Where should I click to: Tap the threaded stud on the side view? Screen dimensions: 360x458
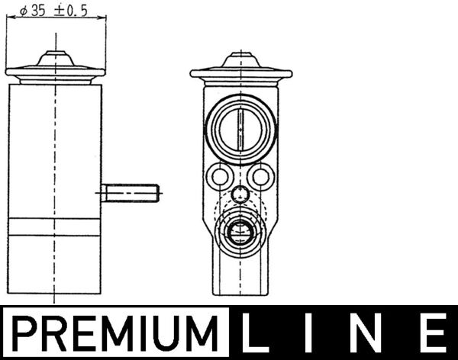coord(132,193)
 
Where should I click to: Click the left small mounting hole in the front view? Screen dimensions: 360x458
coord(220,178)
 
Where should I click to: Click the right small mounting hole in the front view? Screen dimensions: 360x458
coord(261,178)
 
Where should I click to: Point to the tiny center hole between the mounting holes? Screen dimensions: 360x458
coord(240,194)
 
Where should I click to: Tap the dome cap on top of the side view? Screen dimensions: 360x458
coord(55,59)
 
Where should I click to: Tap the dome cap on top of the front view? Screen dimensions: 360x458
coord(240,59)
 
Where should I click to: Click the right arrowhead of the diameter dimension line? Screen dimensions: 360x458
coord(100,22)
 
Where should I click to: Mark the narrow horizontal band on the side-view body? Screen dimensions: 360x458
coord(55,227)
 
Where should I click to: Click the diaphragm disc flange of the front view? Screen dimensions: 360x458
coord(240,74)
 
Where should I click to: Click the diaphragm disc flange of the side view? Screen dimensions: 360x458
coord(55,73)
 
